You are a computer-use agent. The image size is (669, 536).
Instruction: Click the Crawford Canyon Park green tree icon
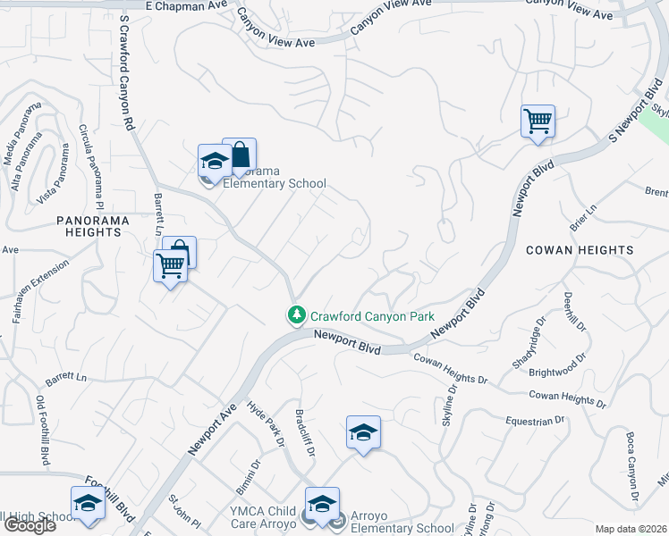pyautogui.click(x=296, y=315)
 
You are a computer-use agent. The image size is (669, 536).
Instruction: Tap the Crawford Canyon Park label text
pyautogui.click(x=372, y=316)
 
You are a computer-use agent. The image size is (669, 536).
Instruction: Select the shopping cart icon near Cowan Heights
pyautogui.click(x=538, y=120)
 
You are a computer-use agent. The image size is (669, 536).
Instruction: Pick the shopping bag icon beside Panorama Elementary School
pyautogui.click(x=240, y=154)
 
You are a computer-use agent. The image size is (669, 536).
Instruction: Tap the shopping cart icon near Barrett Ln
pyautogui.click(x=170, y=264)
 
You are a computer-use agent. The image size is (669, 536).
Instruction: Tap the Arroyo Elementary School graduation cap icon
pyautogui.click(x=322, y=503)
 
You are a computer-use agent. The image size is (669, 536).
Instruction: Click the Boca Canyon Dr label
pyautogui.click(x=632, y=465)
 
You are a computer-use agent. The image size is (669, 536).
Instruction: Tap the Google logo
pyautogui.click(x=30, y=525)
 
